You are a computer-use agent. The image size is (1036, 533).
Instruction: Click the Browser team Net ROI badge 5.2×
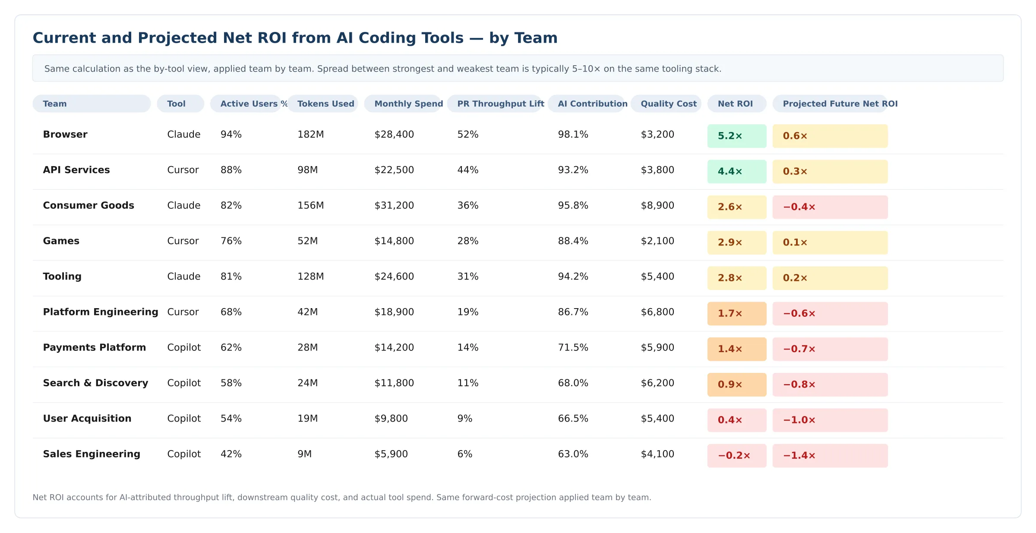tap(736, 136)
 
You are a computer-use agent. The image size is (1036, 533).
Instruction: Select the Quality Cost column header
tap(668, 104)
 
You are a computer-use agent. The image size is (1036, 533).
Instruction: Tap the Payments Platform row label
tap(94, 347)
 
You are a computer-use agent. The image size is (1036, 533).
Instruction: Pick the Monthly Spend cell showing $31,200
tap(394, 205)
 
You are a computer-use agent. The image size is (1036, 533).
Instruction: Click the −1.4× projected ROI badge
tap(829, 455)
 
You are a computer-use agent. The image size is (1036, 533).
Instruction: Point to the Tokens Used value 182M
tap(310, 134)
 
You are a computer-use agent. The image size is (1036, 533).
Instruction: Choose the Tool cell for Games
tap(183, 241)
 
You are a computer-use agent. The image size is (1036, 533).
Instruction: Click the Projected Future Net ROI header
tap(840, 104)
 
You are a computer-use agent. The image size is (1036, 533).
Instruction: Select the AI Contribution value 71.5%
tap(573, 347)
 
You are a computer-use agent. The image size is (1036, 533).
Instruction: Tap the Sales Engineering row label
tap(92, 454)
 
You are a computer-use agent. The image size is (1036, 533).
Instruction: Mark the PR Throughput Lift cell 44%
tap(467, 170)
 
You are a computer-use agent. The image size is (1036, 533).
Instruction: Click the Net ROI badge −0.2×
tap(736, 455)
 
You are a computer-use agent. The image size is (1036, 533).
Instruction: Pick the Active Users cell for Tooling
tap(231, 276)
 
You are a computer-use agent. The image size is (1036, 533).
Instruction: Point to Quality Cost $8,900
tap(657, 205)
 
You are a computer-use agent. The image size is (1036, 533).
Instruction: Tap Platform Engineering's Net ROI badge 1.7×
tap(736, 313)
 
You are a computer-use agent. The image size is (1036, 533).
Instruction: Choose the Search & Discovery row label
tap(95, 383)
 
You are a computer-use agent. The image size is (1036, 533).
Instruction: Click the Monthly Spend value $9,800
tap(391, 419)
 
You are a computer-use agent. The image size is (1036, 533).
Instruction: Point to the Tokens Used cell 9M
tap(304, 454)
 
